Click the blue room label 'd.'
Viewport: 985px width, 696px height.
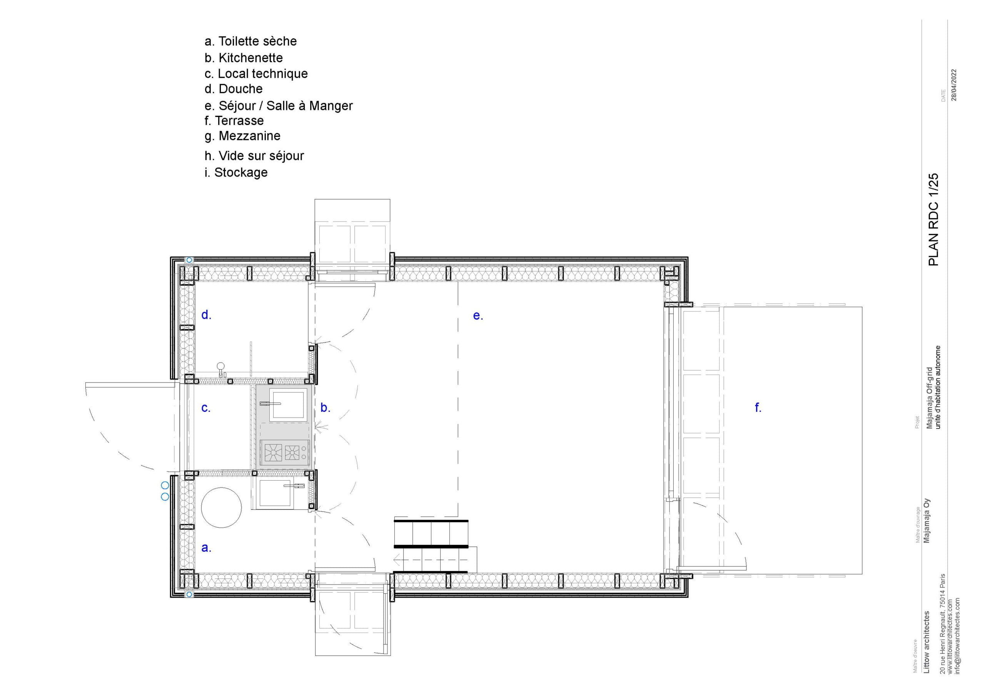point(206,315)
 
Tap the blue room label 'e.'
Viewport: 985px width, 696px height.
point(478,316)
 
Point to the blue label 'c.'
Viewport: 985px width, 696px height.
point(206,408)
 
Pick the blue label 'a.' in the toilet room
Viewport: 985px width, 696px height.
point(206,548)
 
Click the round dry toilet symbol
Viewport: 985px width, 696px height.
point(221,507)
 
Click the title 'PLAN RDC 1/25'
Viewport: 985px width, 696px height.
point(934,220)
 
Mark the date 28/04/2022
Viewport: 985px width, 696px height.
point(954,85)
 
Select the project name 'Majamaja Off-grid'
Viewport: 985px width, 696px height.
point(929,398)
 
